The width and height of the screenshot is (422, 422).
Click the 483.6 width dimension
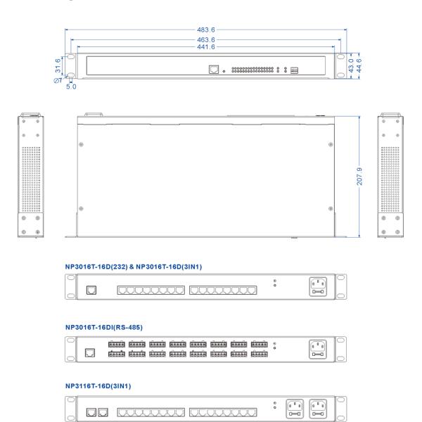(207, 30)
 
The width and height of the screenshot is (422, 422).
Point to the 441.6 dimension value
(207, 46)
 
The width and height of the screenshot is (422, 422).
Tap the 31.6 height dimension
(58, 65)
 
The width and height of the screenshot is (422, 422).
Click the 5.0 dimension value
(71, 87)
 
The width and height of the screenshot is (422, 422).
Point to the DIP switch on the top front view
(295, 70)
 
